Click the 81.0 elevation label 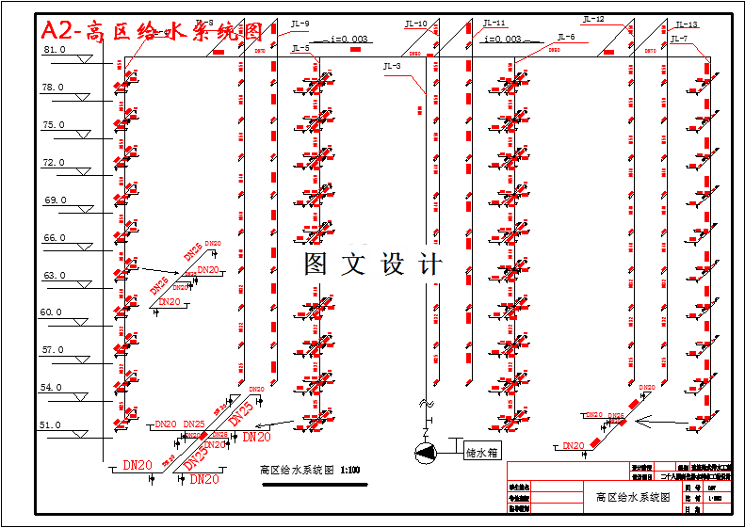pyautogui.click(x=55, y=50)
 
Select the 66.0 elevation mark pyautogui.click(x=55, y=238)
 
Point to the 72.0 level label pyautogui.click(x=55, y=163)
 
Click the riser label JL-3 pyautogui.click(x=392, y=67)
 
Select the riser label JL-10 pyautogui.click(x=415, y=24)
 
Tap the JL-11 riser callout pyautogui.click(x=494, y=23)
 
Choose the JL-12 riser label pyautogui.click(x=593, y=19)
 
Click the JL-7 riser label pyautogui.click(x=679, y=39)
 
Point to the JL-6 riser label pyautogui.click(x=564, y=38)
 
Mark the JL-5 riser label pyautogui.click(x=300, y=48)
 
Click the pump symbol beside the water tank pyautogui.click(x=427, y=452)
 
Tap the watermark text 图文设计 pyautogui.click(x=373, y=264)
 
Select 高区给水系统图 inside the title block pyautogui.click(x=632, y=497)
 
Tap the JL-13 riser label pyautogui.click(x=687, y=24)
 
